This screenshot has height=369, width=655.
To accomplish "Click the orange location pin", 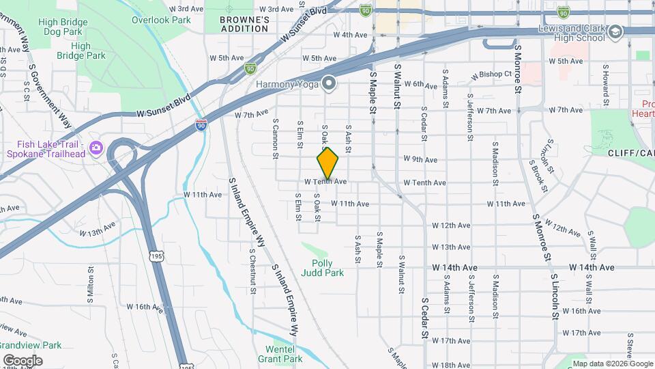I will (x=327, y=163).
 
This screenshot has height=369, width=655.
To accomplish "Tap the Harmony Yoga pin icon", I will (x=329, y=84).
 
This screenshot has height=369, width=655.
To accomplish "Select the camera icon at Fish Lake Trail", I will (x=96, y=147).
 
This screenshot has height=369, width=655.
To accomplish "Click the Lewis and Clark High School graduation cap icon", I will (x=615, y=32).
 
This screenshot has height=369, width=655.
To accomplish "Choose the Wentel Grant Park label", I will (x=279, y=353).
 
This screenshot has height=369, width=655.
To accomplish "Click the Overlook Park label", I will (x=161, y=20).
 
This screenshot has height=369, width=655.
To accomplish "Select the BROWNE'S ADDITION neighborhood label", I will (x=244, y=25).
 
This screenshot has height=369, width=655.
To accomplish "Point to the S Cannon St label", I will (x=276, y=139).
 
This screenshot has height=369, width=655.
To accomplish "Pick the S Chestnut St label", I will (x=252, y=271).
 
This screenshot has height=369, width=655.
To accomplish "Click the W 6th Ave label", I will (x=420, y=85).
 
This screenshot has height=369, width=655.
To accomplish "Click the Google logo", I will (x=23, y=360).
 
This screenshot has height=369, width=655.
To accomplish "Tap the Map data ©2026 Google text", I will (x=612, y=364).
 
